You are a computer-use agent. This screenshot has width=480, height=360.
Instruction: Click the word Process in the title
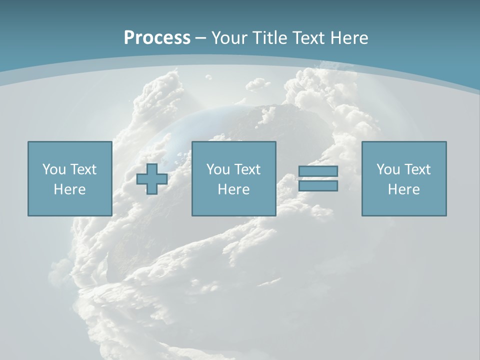(x=157, y=38)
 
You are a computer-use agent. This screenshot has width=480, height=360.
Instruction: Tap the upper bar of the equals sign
(x=318, y=171)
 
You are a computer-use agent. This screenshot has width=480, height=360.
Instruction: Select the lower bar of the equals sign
(x=318, y=185)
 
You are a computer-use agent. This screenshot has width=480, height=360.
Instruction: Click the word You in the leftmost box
(x=54, y=169)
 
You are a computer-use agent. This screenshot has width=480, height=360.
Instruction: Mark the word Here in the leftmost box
(x=69, y=189)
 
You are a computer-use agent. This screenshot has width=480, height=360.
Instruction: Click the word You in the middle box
(x=218, y=169)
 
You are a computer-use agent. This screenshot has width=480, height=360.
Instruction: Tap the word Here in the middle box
(x=233, y=189)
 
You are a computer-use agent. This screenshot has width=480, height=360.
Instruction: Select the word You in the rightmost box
(x=388, y=169)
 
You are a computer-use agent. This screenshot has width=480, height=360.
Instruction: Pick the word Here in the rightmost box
(x=403, y=189)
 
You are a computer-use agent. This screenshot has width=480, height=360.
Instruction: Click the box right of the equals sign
(x=404, y=205)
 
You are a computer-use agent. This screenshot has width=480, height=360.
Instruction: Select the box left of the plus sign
(x=69, y=205)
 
